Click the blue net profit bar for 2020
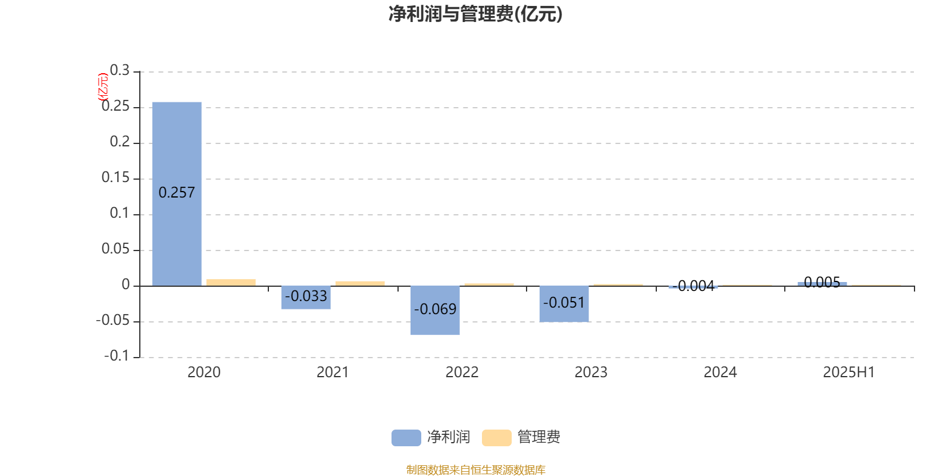[177, 194]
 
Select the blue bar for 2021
[306, 297]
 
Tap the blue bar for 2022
[435, 310]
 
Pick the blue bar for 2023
[564, 304]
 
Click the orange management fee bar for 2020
[231, 283]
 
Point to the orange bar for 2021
[360, 283]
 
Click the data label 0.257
[176, 193]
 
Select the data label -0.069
[435, 309]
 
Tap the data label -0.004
[693, 286]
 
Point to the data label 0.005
[822, 282]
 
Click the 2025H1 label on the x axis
[848, 372]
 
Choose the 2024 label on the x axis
[720, 372]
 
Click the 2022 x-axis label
[462, 372]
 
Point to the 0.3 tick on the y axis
[120, 70]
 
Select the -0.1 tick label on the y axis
[117, 356]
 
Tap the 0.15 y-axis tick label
[115, 177]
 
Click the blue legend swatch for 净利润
[406, 438]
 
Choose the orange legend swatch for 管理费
[496, 438]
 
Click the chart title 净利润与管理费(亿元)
[475, 14]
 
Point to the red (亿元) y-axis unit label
[104, 87]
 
